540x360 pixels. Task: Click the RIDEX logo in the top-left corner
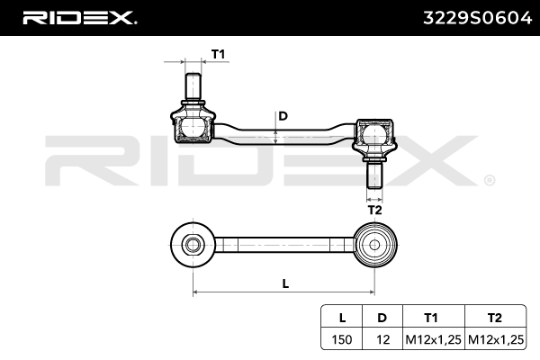tap(79, 17)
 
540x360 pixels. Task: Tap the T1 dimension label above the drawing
tap(217, 55)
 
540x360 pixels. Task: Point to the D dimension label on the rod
tap(283, 115)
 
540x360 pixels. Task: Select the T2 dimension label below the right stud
tap(375, 210)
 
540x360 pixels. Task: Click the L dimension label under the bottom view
tap(284, 283)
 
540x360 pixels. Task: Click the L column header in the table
tap(342, 318)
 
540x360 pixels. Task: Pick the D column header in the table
tap(382, 318)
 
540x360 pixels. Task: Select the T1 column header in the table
tap(431, 318)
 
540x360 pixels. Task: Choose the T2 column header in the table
tap(494, 318)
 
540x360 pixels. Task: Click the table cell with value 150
tap(342, 339)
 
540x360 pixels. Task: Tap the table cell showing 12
tap(382, 339)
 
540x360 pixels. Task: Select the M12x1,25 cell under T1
tap(431, 339)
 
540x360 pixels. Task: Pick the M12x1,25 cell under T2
tap(494, 339)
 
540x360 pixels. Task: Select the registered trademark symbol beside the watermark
tap(489, 179)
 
